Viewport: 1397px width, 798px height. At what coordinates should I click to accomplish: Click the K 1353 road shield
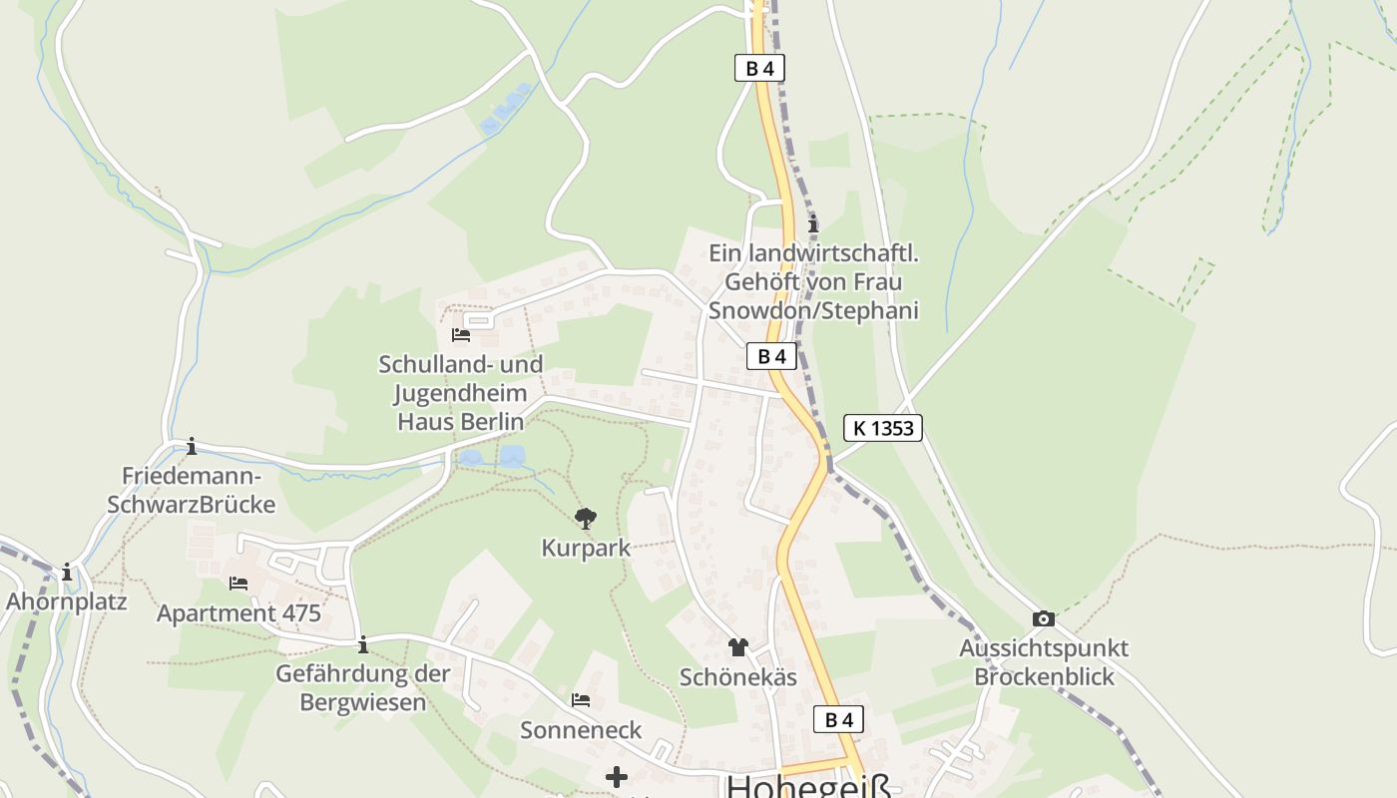[x=882, y=428]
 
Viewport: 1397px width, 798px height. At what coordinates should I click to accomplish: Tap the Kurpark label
[x=586, y=548]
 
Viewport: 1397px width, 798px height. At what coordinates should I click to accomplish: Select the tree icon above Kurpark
[x=586, y=518]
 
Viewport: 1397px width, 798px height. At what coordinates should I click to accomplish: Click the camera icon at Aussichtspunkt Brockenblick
[x=1044, y=618]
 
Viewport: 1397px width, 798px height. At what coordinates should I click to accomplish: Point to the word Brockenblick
[x=1044, y=676]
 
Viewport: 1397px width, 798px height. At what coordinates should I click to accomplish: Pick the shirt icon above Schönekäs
[x=737, y=648]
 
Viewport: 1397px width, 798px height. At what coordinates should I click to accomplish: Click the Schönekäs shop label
[x=737, y=677]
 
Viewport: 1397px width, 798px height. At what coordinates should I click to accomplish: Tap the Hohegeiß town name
[x=808, y=785]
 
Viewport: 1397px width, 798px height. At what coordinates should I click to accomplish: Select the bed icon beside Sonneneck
[x=581, y=700]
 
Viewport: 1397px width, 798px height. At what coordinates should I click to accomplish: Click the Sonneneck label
[x=581, y=730]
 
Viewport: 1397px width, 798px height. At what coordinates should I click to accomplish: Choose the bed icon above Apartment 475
[x=238, y=584]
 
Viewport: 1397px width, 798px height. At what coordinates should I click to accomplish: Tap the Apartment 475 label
[x=238, y=612]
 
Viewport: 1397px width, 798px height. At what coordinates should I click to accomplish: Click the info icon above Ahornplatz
[x=67, y=573]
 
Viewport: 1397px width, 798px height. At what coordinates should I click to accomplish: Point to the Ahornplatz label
[x=67, y=601]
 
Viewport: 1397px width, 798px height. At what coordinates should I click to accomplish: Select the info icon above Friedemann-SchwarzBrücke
[x=192, y=446]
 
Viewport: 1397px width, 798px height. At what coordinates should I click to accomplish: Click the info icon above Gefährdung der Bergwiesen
[x=363, y=644]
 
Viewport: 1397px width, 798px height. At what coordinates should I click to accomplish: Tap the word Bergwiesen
[x=363, y=702]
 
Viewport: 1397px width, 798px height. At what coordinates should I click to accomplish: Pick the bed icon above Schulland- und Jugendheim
[x=461, y=335]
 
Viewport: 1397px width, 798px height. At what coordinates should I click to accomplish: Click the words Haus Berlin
[x=460, y=422]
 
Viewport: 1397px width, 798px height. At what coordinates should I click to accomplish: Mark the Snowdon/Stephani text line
[x=813, y=310]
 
